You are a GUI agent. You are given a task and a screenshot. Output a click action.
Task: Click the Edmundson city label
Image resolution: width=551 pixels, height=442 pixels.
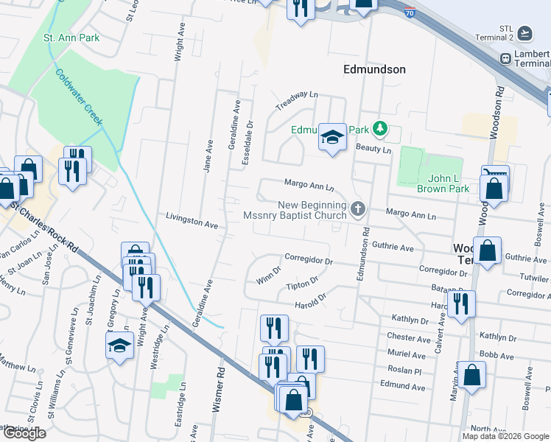pyautogui.click(x=374, y=69)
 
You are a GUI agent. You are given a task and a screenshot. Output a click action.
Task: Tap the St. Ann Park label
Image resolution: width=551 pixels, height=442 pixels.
pyautogui.click(x=71, y=37)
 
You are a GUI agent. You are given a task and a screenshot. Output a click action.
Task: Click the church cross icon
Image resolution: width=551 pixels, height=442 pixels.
pyautogui.click(x=359, y=209)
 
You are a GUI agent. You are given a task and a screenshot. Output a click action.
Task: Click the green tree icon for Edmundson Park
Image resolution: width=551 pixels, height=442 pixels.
pyautogui.click(x=380, y=130)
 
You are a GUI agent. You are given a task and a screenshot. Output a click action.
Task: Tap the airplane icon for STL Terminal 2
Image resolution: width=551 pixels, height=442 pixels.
pyautogui.click(x=524, y=33)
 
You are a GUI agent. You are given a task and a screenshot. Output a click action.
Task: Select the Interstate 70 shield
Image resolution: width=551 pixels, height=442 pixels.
pyautogui.click(x=410, y=11)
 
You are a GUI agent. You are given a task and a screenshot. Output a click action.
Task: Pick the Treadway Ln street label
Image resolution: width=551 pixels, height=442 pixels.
pyautogui.click(x=296, y=101)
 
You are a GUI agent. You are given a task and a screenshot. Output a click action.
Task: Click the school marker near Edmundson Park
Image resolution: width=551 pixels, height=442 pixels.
pyautogui.click(x=332, y=137)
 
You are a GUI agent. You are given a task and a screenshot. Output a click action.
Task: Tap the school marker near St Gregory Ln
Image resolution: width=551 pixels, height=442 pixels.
pyautogui.click(x=119, y=345)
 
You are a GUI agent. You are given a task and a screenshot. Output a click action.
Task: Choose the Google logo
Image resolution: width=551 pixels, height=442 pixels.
pyautogui.click(x=24, y=433)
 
